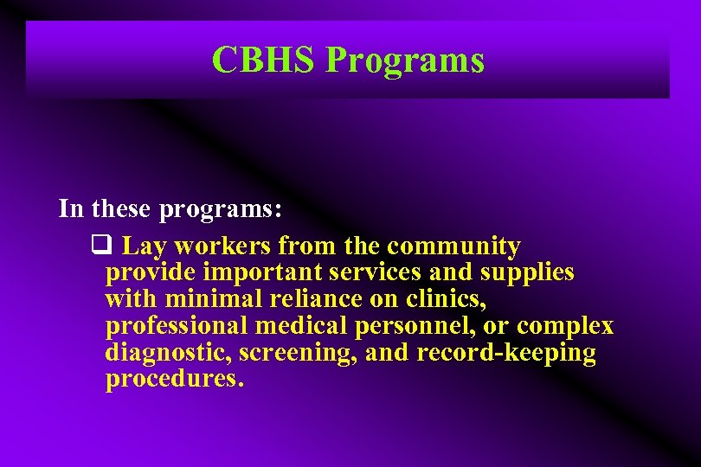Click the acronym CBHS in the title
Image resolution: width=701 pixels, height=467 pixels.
click(x=264, y=60)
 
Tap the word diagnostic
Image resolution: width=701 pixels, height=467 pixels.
click(x=169, y=354)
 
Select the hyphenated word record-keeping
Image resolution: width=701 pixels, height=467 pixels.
click(x=506, y=354)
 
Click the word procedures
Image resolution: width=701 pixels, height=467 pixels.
click(x=175, y=381)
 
